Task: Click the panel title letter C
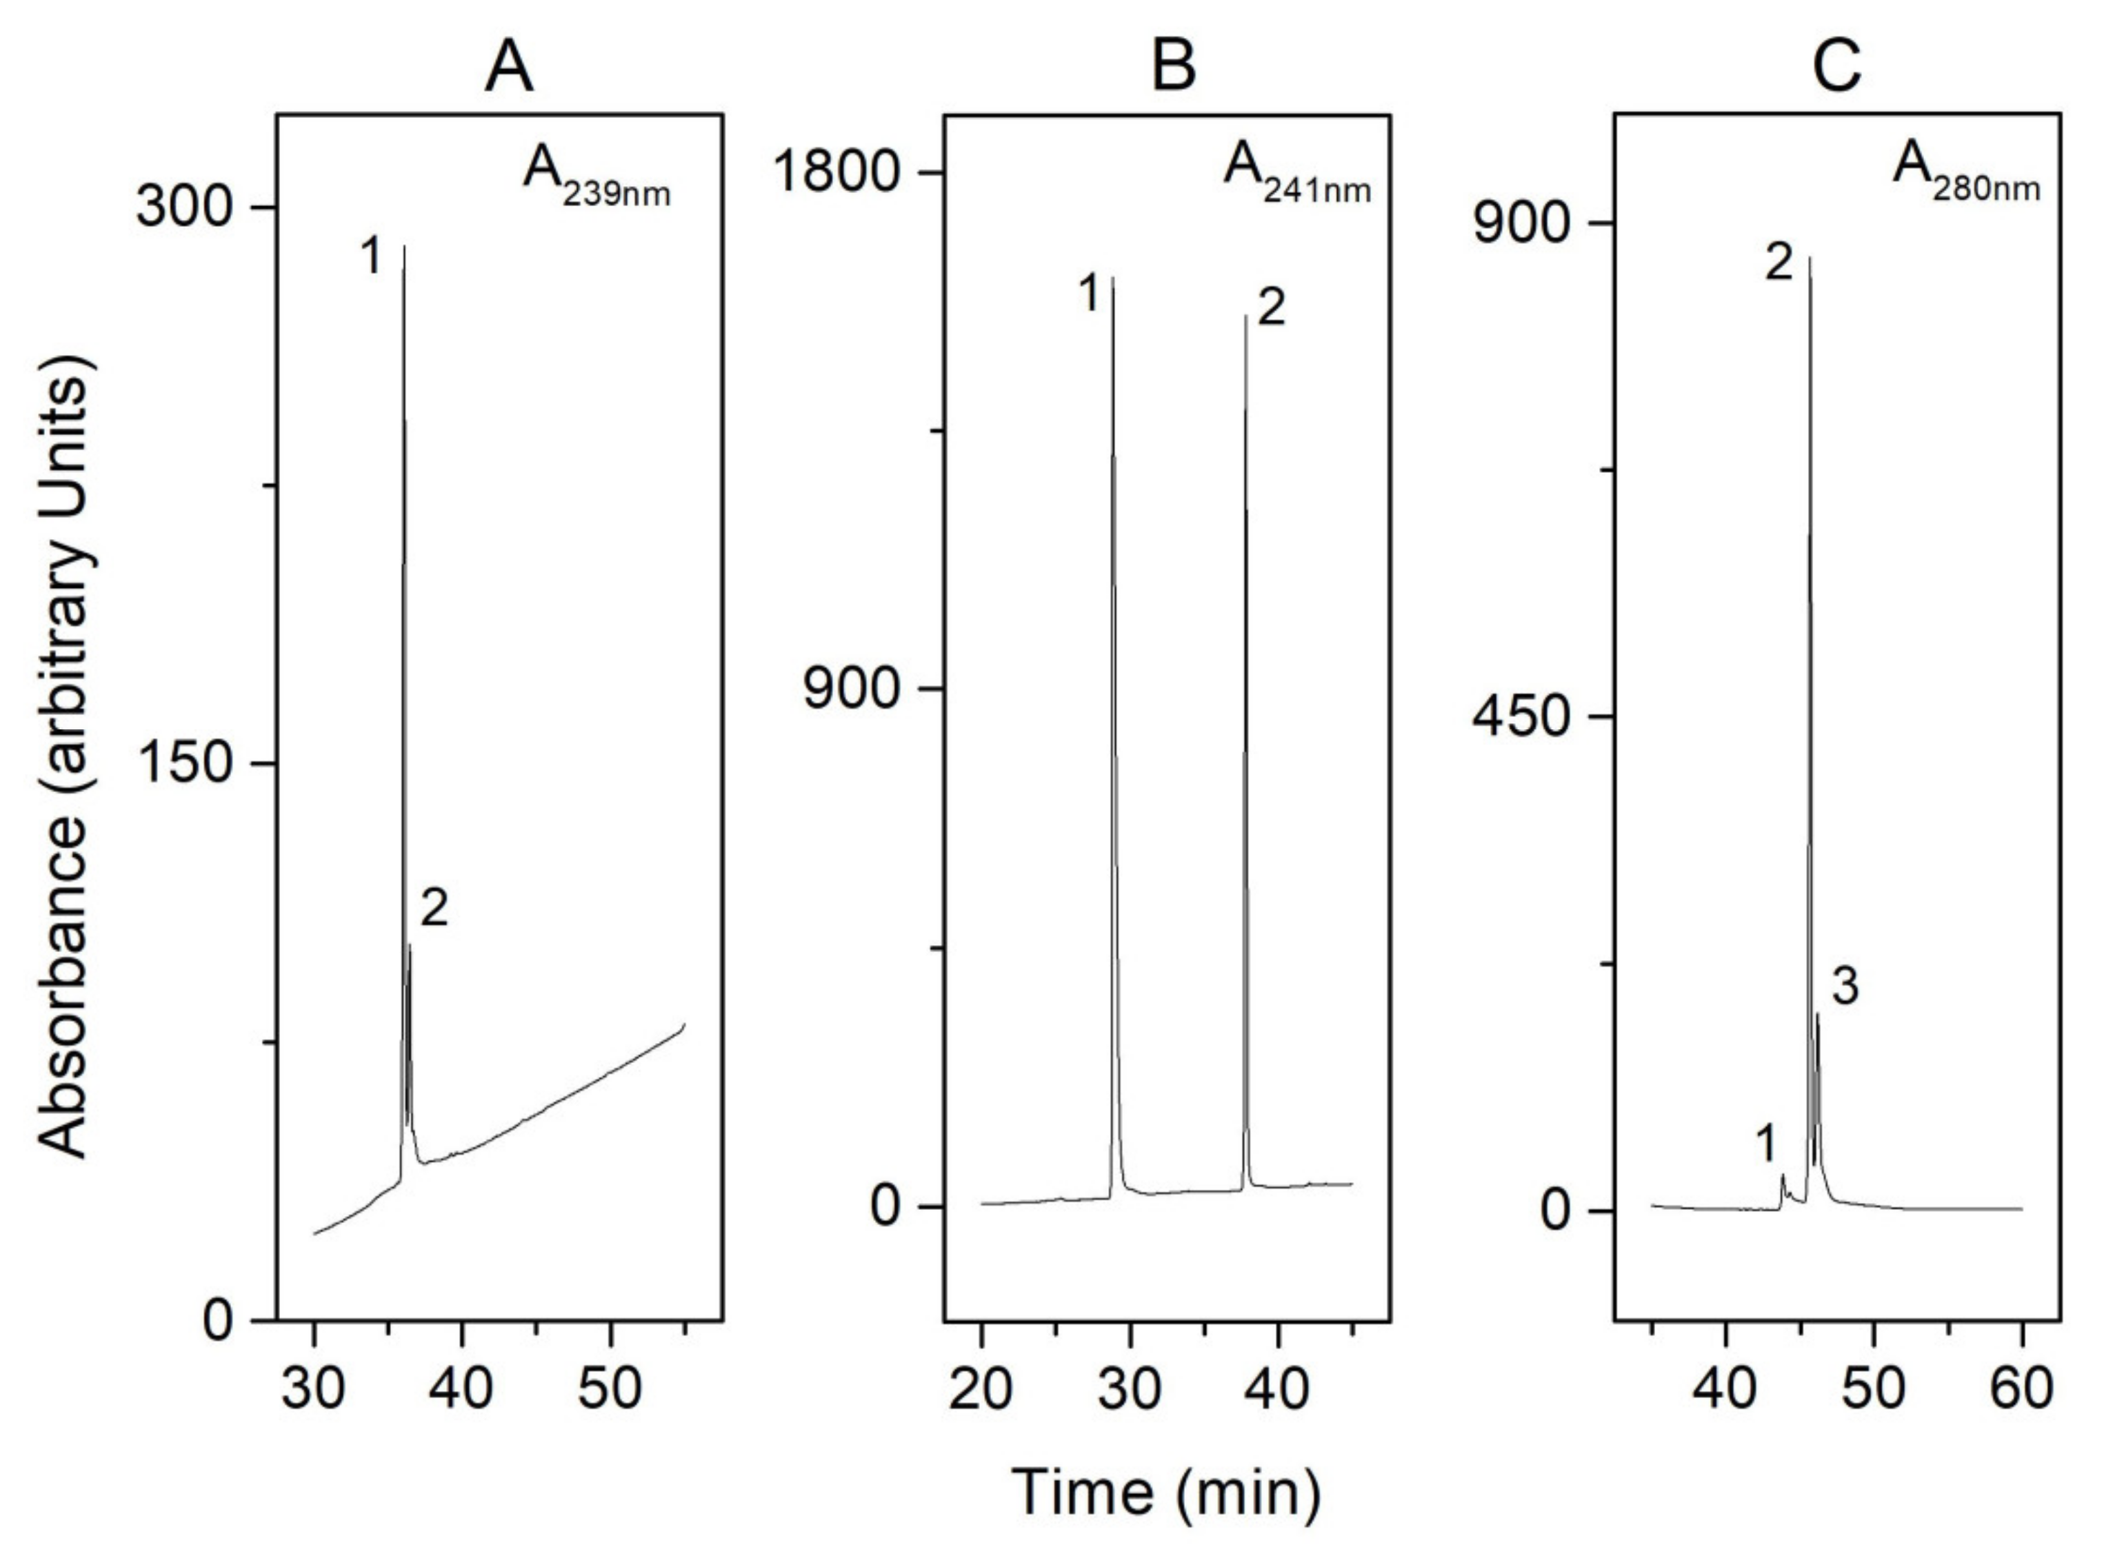(1836, 68)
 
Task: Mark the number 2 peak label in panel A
(434, 909)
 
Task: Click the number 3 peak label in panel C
(1844, 987)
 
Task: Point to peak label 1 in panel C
(1765, 1144)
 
